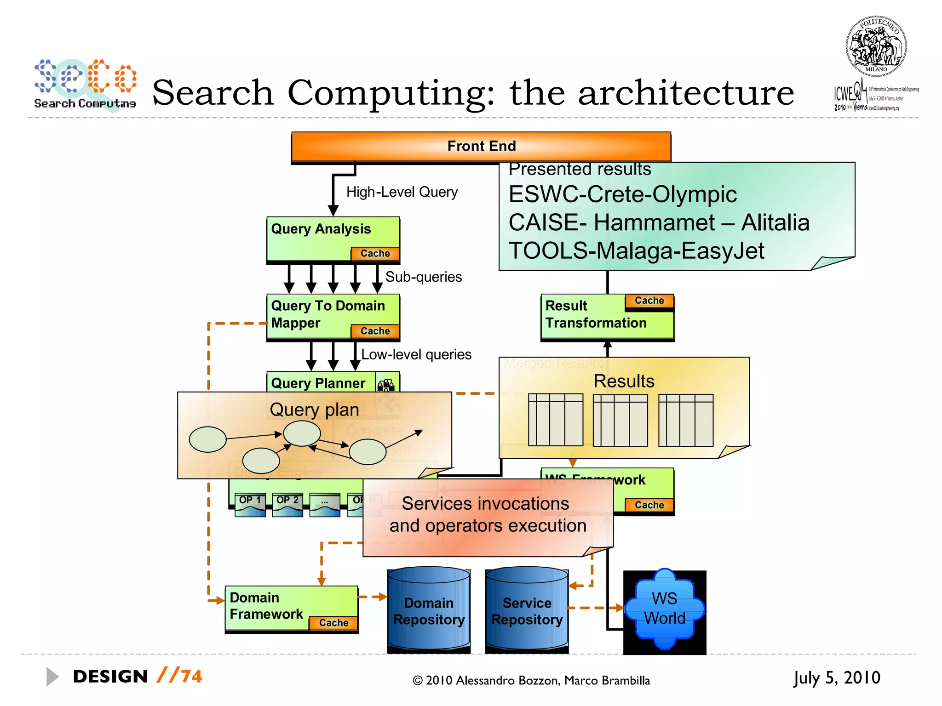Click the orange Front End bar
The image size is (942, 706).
coord(481,146)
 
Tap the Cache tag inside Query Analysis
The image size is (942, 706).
coord(375,254)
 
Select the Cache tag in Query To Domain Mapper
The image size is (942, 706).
coord(375,331)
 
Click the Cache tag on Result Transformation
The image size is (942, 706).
coord(649,301)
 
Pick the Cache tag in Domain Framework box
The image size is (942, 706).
coord(333,623)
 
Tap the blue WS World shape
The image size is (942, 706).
coord(664,609)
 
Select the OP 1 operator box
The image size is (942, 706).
coord(250,504)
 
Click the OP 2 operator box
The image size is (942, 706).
coord(287,504)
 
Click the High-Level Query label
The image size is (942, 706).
coord(402,192)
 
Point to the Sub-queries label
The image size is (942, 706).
coord(423,277)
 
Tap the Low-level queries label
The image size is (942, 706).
coord(416,354)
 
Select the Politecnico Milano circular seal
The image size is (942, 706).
coord(876,46)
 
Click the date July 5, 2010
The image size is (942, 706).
coord(836,678)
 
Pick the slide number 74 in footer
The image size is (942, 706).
coord(191,677)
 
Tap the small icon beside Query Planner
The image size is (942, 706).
coord(386,384)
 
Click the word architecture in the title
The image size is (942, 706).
coord(685,93)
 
